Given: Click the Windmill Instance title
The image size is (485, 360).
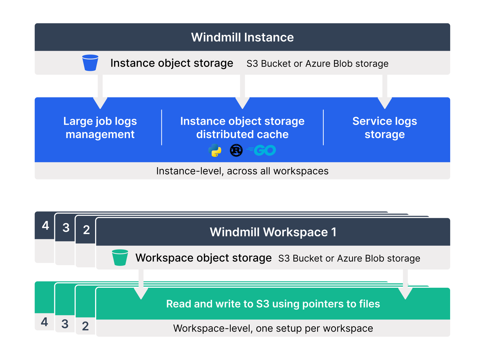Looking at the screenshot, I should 242,37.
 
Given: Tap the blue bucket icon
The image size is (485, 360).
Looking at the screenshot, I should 90,63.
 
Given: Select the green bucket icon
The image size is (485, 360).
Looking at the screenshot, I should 120,257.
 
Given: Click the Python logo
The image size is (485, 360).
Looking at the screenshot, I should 215,150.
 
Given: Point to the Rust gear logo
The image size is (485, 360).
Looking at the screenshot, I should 236,150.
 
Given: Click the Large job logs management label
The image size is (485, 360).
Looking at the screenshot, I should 100,128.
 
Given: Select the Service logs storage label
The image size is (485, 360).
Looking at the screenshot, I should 384,128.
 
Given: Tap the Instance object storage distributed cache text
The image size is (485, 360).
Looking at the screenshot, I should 242,128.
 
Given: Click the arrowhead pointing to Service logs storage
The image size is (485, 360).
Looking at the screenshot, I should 385,103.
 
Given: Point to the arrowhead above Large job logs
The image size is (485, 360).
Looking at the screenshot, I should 100,103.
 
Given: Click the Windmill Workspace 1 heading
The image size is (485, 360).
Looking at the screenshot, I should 273,232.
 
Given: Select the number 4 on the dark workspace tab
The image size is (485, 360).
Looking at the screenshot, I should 45,226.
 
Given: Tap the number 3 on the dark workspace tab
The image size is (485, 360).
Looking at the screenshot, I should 66,228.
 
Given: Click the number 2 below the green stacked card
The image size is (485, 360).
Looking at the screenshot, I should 85,326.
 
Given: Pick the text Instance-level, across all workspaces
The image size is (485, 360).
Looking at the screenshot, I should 242,171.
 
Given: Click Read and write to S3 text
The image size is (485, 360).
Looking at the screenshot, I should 273,304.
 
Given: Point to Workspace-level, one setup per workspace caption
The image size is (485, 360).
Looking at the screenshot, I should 273,328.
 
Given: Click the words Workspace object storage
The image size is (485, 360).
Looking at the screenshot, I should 204,258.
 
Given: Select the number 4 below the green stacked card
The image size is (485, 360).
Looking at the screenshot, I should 44,322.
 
